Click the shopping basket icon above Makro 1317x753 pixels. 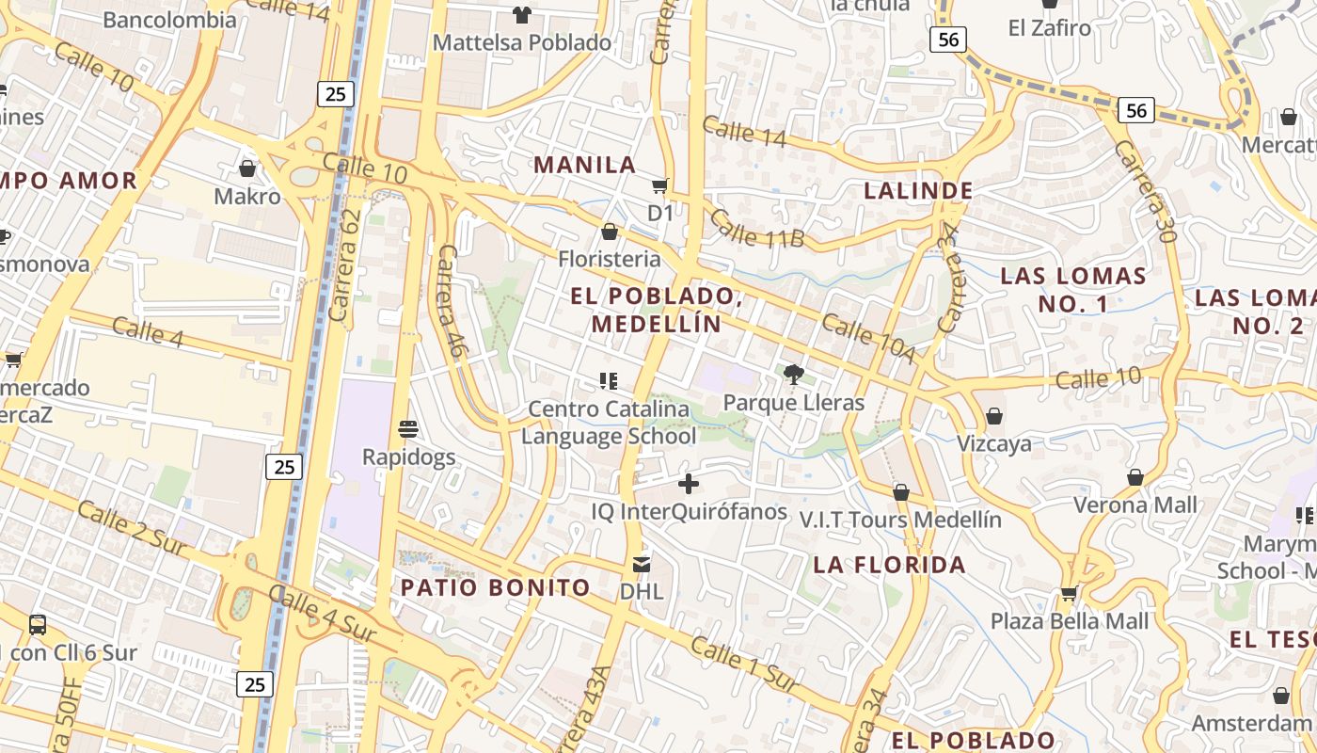pos(247,168)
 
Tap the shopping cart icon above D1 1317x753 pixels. pos(660,185)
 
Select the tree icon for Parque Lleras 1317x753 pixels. pos(793,375)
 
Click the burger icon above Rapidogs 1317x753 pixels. pos(408,430)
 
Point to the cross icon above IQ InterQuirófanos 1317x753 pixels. pos(689,484)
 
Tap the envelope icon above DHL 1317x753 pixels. pos(642,565)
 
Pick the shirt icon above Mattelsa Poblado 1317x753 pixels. pos(521,14)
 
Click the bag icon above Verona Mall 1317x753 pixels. pos(1135,477)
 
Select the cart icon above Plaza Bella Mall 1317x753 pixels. pos(1069,594)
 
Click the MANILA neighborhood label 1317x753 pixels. pos(585,165)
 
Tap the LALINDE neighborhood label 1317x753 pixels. pos(918,191)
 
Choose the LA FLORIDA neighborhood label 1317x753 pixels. pos(889,565)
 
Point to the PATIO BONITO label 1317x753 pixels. pos(496,588)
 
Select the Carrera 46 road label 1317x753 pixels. pos(453,300)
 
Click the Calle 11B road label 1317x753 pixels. pos(756,229)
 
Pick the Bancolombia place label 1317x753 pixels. pos(169,20)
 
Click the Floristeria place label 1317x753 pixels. pos(610,259)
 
